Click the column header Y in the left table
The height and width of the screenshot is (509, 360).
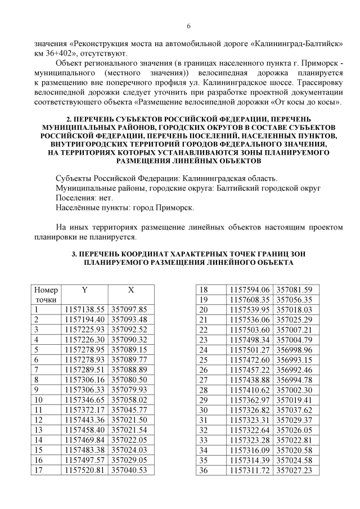coord(84,290)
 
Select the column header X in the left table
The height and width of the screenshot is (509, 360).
coord(131,290)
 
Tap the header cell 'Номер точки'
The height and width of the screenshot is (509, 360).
coord(46,295)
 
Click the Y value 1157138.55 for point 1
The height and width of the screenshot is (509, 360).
coord(85,309)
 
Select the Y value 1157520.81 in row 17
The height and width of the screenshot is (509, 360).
coord(85,469)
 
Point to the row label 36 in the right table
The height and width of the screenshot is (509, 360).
coord(204,469)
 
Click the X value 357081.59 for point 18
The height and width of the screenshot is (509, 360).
coord(295,290)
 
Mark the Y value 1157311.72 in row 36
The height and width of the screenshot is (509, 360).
coord(251,469)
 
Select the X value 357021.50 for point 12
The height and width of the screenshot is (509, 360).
coord(129,419)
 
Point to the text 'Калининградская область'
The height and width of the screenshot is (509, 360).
coord(229,177)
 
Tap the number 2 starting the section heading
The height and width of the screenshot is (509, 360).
coord(69,119)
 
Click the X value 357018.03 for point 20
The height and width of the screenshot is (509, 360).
coord(295,309)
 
